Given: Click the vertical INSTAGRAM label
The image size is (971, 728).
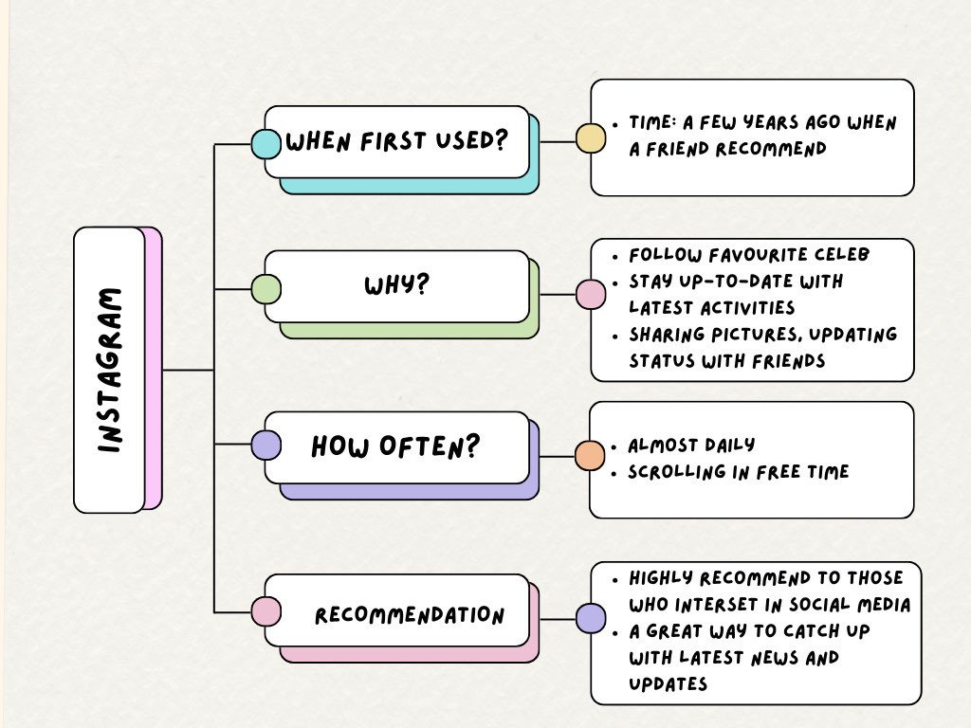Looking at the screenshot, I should [110, 370].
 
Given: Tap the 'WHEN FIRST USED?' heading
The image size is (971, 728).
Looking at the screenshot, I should [396, 142].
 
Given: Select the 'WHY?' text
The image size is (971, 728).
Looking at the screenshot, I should [396, 284].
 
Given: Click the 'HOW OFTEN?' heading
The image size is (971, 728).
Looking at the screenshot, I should [396, 446].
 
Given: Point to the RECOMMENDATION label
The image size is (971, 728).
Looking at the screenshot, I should [410, 615].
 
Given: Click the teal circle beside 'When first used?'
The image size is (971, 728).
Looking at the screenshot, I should [266, 144].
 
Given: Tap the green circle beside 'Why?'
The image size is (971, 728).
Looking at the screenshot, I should [266, 289].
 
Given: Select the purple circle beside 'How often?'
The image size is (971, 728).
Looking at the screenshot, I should [266, 445].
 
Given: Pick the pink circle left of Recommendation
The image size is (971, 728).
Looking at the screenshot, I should [266, 611].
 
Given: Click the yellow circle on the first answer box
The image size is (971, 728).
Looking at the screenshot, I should [591, 138].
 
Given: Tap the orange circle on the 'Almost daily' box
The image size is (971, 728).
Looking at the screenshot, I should [590, 455].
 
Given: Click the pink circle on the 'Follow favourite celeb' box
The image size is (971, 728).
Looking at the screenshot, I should [591, 294].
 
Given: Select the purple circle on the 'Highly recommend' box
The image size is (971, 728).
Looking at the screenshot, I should [591, 619].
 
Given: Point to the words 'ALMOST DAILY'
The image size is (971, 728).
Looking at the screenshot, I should [691, 446].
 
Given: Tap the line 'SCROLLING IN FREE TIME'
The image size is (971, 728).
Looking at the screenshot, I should [739, 472].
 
